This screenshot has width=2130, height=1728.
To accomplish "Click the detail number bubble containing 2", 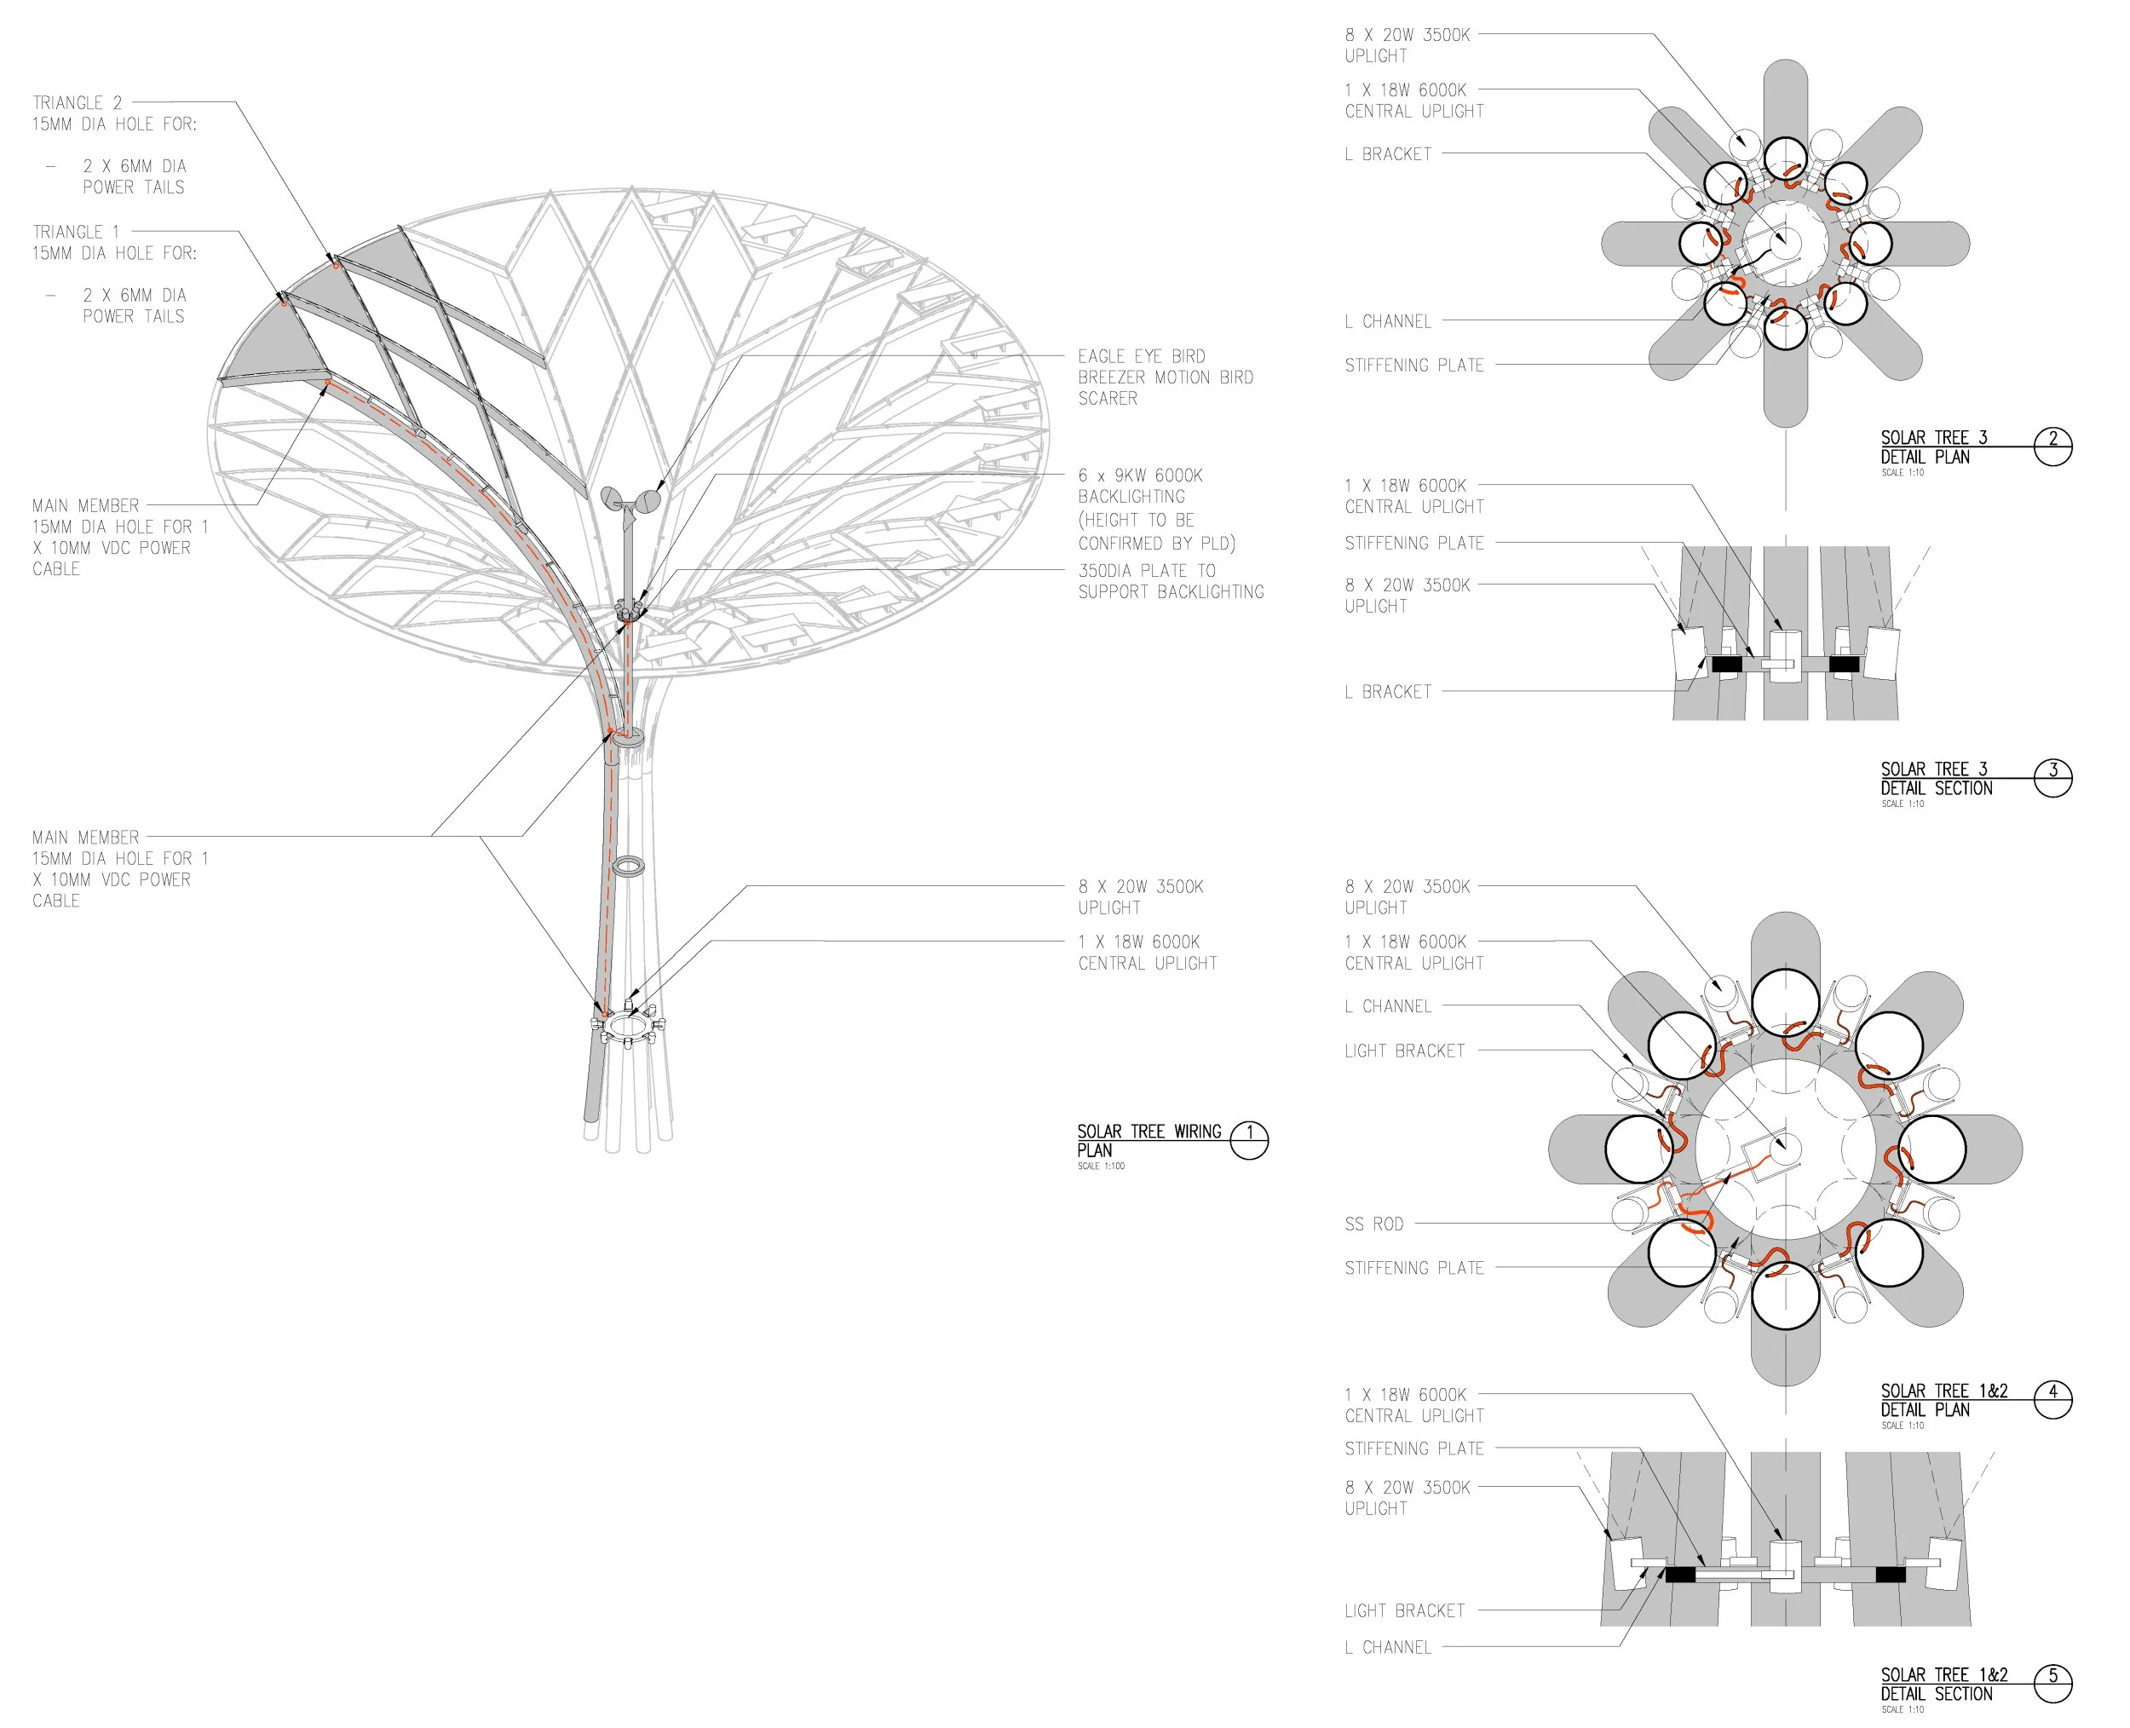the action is point(2052,446).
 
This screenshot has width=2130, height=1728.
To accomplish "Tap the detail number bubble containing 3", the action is point(2052,777).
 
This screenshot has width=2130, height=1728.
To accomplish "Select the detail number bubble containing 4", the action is point(2052,1399).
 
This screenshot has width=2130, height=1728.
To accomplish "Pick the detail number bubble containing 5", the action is point(2052,1683).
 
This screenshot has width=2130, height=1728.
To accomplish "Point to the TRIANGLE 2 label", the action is point(78,103).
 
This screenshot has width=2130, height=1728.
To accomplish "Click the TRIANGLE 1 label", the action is point(76,232).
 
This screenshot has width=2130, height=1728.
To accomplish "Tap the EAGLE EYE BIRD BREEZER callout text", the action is point(1165,377).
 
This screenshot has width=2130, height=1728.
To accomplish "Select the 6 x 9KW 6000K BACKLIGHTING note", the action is point(1154,509).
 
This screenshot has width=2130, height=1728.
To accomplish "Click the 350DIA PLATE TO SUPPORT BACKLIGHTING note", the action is point(1170,581).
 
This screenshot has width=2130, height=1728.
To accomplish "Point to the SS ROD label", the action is point(1373,1224).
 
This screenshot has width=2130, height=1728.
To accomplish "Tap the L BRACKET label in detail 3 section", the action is point(1388,692).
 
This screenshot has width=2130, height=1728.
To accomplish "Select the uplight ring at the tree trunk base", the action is point(628,1023).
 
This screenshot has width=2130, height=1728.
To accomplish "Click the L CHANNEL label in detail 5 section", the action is point(1388,1647).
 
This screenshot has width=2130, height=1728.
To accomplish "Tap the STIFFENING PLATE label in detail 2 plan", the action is point(1413,366).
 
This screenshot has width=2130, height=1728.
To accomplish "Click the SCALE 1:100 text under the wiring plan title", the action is point(1100,1166).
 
